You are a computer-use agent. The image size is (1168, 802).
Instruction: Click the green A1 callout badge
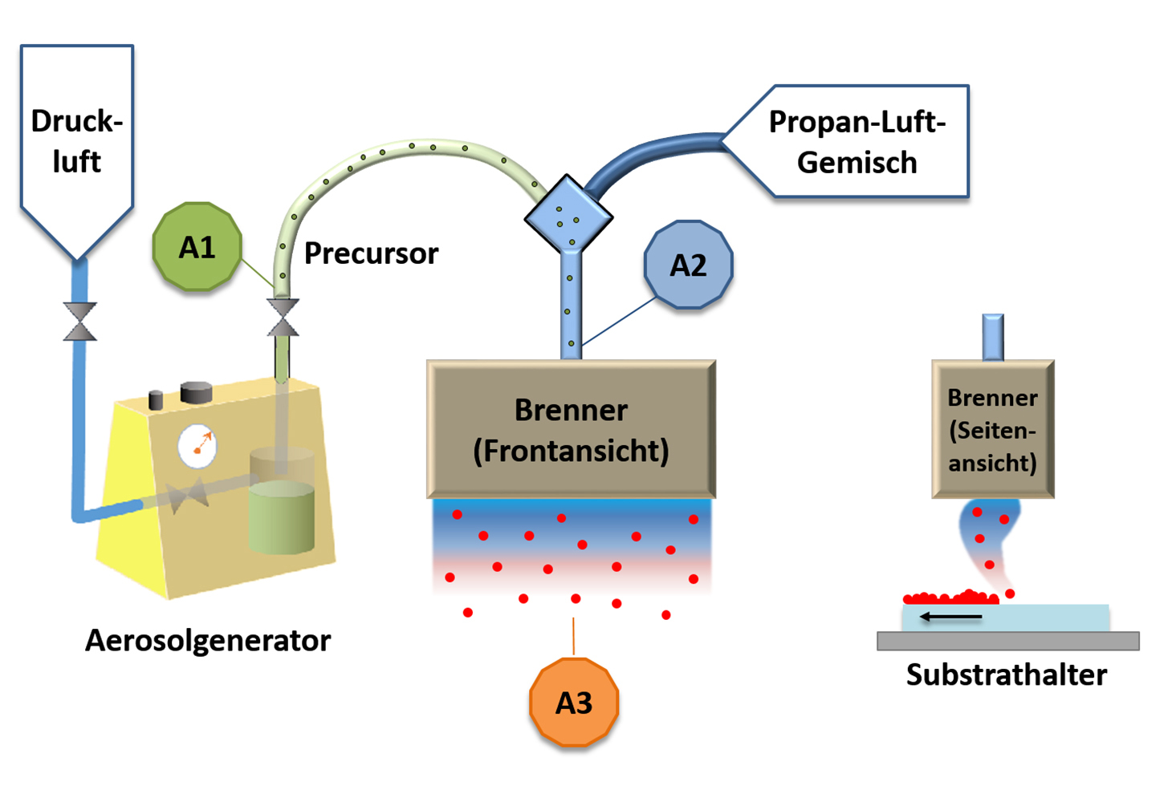click(x=197, y=247)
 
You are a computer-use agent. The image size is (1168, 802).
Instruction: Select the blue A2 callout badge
click(x=688, y=265)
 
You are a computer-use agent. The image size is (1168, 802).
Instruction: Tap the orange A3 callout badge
click(x=574, y=703)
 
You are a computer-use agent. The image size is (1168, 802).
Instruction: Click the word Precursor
click(x=371, y=253)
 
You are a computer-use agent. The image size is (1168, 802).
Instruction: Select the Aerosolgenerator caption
click(x=208, y=640)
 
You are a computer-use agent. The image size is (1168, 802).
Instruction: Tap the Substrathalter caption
click(x=1007, y=674)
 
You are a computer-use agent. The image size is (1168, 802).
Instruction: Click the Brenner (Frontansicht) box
click(x=571, y=430)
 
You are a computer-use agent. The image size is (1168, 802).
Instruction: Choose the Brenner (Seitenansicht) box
click(x=993, y=430)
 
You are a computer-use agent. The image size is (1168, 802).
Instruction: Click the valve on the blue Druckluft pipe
click(x=79, y=322)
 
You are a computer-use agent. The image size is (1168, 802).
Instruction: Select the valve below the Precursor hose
click(x=283, y=317)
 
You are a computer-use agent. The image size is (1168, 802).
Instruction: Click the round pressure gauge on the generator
click(x=197, y=447)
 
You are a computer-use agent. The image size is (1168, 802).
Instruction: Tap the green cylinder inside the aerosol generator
click(x=281, y=517)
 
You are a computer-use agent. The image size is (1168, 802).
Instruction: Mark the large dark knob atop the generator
click(x=196, y=392)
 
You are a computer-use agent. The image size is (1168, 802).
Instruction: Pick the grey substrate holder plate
click(x=1007, y=641)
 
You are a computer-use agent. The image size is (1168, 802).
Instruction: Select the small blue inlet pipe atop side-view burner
click(x=993, y=337)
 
